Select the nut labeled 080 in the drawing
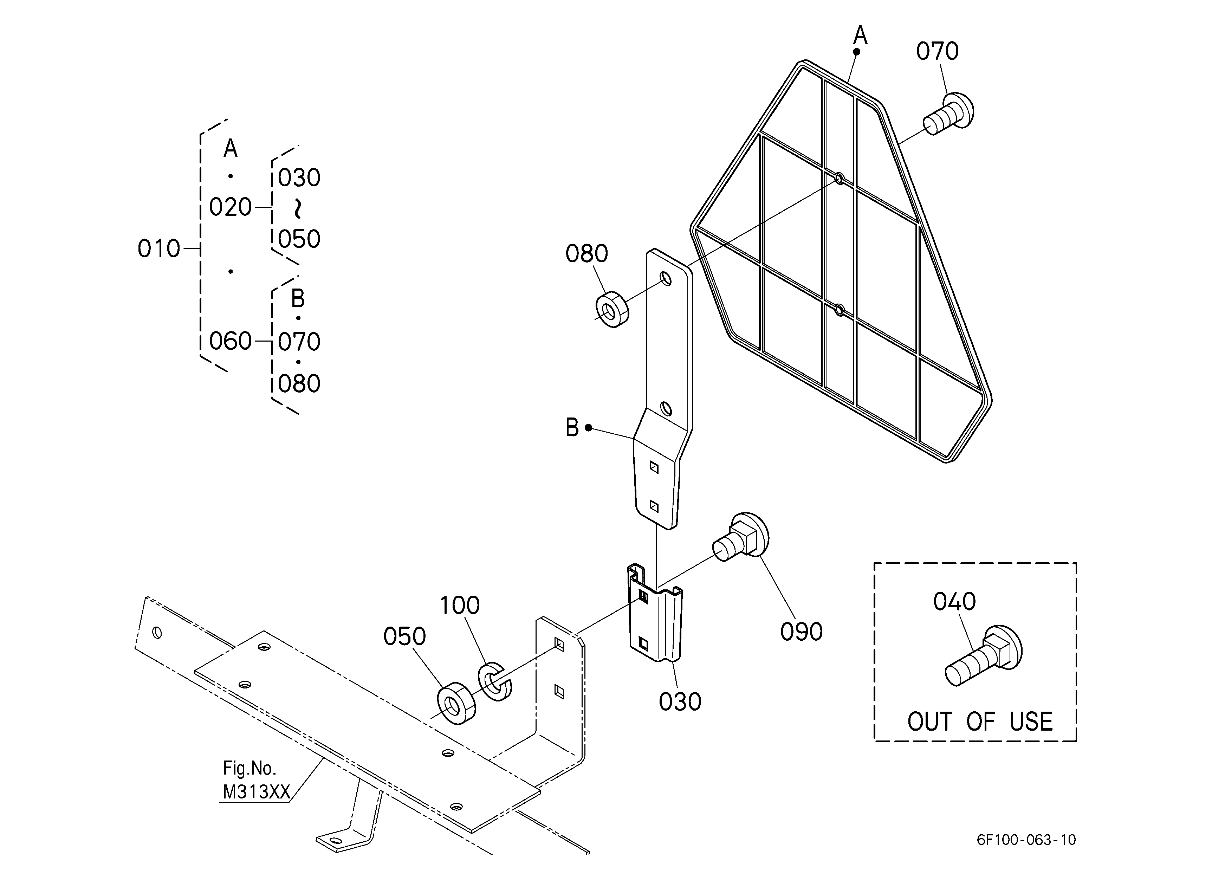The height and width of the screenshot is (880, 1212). pos(612,309)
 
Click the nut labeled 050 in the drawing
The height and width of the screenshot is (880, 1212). pos(456,703)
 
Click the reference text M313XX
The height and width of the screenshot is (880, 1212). pos(256,792)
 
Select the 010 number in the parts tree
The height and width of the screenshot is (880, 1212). pos(159,248)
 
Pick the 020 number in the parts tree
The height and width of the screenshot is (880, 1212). pos(230,207)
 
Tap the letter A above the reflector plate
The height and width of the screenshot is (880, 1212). pos(860,35)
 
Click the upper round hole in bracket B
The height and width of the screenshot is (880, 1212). pos(666,278)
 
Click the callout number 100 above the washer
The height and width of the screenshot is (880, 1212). pos(460,606)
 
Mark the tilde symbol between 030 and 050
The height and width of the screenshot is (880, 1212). pos(298,208)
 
